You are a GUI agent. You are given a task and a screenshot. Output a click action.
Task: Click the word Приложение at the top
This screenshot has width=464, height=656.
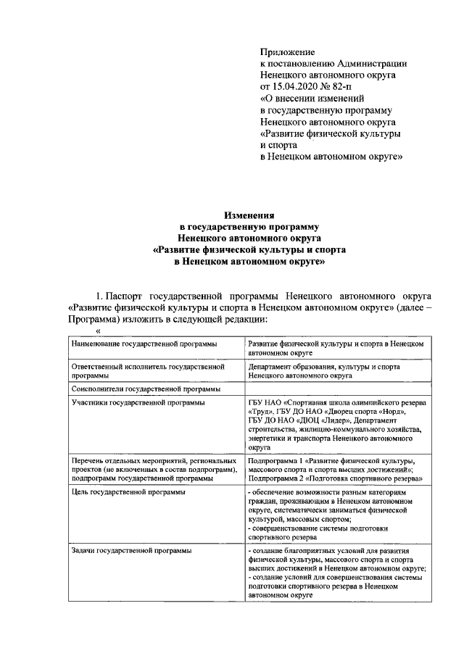pyautogui.click(x=287, y=51)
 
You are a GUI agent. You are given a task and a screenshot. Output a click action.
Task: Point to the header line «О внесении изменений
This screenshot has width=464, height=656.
pyautogui.click(x=312, y=98)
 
